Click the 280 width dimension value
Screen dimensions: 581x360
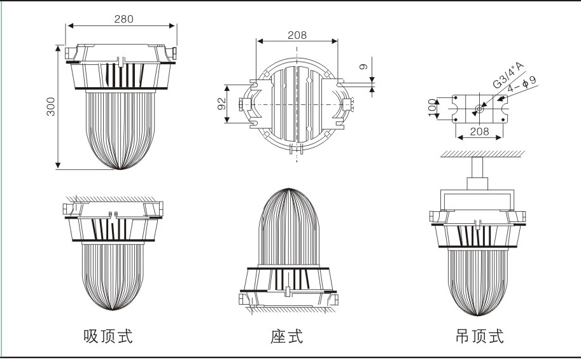tap(123, 19)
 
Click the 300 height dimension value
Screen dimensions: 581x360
tap(51, 107)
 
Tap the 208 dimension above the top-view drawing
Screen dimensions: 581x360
tap(297, 35)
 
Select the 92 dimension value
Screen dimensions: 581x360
tap(221, 104)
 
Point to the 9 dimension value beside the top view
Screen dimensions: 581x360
tap(363, 67)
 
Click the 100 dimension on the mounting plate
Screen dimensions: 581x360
tap(432, 107)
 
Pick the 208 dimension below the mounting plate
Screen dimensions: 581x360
tap(479, 132)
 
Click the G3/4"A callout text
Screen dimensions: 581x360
tap(508, 75)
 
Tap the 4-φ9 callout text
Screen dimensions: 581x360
tap(522, 84)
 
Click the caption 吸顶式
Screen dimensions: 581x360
tap(108, 336)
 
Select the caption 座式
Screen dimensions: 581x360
tap(286, 336)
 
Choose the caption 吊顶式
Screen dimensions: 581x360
tap(479, 336)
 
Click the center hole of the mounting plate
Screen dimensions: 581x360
tap(479, 109)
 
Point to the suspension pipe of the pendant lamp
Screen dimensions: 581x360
tap(477, 168)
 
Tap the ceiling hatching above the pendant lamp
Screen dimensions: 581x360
tap(482, 154)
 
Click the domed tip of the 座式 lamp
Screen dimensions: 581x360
tap(289, 190)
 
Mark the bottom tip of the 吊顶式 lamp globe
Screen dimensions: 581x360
tap(477, 315)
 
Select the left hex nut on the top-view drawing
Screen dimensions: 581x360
tap(241, 104)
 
